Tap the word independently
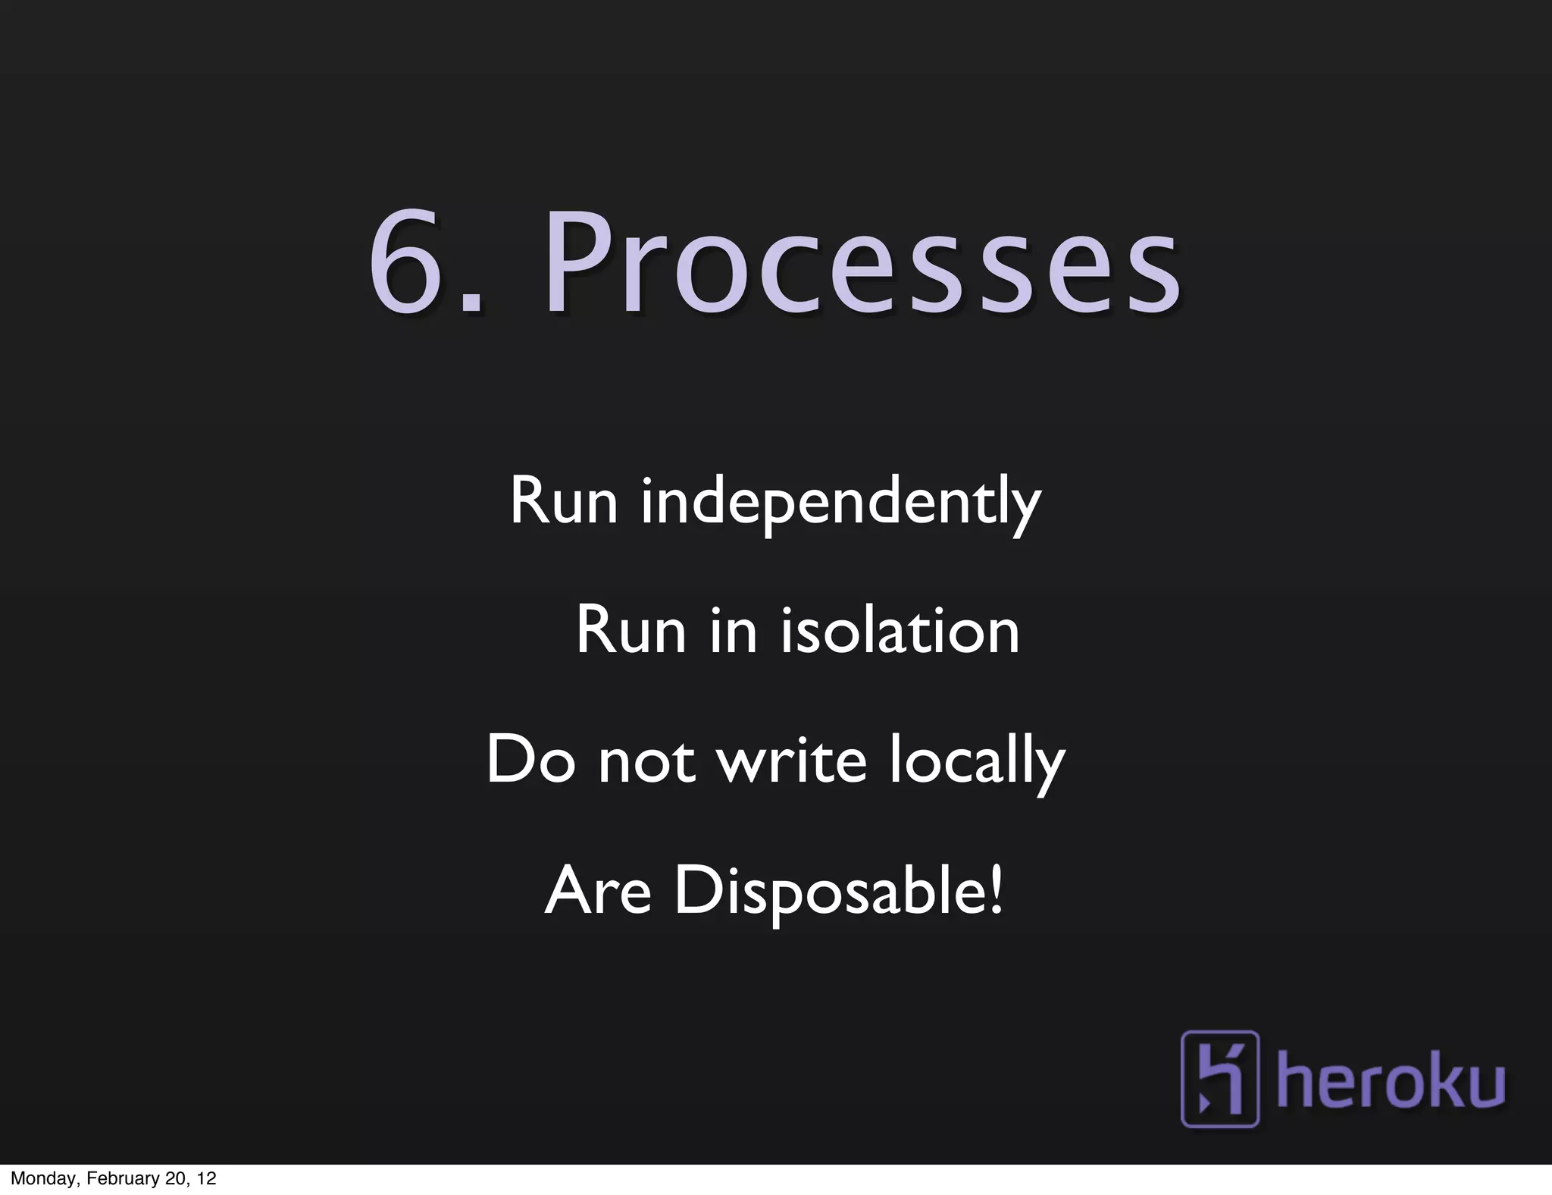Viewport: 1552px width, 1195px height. point(840,502)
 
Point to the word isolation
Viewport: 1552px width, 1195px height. point(900,631)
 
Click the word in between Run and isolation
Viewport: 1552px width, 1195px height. point(733,631)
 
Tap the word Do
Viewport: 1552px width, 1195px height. point(530,761)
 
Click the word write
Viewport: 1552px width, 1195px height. point(791,761)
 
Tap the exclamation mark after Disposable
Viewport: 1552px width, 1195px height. point(996,890)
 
